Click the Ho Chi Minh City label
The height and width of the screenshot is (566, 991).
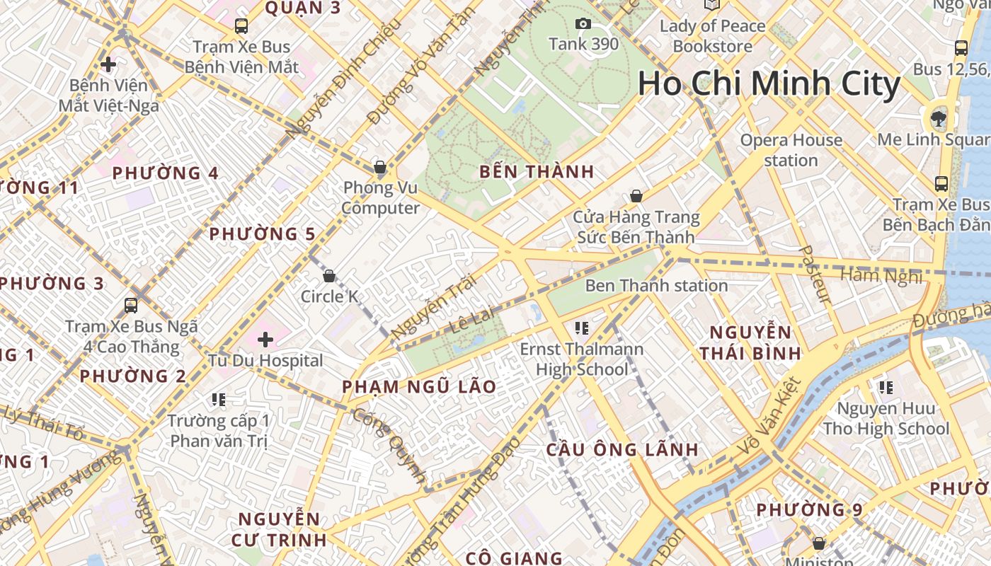coord(769,83)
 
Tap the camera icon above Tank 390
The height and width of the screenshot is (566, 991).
coord(583,24)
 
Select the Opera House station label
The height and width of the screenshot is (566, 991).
coord(791,150)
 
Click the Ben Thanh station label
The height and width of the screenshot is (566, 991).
coord(656,286)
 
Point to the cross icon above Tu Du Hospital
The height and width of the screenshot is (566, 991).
coord(265,340)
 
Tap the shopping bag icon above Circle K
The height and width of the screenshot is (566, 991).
coord(328,275)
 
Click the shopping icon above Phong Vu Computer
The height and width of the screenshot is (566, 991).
coord(380,168)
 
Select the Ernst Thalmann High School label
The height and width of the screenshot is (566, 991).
coord(582,359)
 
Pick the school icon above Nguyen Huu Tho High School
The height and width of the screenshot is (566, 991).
coord(886,387)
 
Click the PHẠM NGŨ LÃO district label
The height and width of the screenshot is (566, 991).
coord(419,387)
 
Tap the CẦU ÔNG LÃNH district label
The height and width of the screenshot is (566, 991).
coord(623,449)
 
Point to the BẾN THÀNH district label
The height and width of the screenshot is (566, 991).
coord(537,172)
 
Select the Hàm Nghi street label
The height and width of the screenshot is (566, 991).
coord(881,275)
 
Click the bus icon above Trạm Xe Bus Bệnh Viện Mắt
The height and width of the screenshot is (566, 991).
coord(241,26)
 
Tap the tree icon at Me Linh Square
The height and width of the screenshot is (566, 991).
coord(939,118)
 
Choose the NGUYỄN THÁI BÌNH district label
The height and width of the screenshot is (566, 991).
coord(750,342)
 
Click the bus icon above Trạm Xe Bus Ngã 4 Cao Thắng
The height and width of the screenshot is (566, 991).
coord(131,305)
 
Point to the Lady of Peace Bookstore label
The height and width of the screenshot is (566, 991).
coord(712,36)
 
